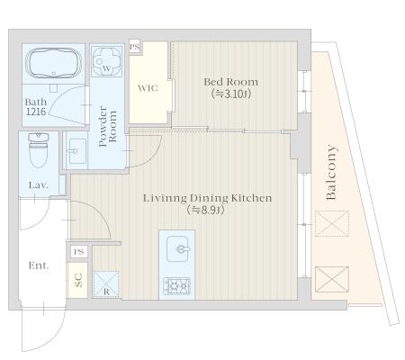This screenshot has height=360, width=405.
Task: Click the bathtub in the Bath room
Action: point(54,63)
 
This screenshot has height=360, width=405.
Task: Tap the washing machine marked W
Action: point(106,61)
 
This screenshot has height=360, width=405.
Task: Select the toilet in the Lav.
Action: point(38,150)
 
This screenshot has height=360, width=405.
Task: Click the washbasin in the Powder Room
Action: point(76,151)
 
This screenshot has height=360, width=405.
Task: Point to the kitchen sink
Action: point(177,248)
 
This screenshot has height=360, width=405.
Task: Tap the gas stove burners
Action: point(176,286)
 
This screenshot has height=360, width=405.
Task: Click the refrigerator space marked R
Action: point(106,284)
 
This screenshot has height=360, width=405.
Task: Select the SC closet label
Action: point(78,280)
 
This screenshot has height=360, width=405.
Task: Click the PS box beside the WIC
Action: point(135,47)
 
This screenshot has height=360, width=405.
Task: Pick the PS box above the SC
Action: point(79,252)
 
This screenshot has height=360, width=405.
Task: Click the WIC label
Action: point(148,88)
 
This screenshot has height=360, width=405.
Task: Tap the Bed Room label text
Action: point(230,82)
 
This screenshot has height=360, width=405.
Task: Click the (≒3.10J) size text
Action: point(230,94)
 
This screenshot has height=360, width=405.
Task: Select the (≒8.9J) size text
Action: point(206,210)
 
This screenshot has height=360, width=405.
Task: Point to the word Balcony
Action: point(331,173)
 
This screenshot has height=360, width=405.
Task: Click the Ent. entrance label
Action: point(39,265)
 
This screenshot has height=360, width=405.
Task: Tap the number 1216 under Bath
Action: point(36,112)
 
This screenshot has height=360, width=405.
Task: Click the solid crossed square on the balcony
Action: point(332,279)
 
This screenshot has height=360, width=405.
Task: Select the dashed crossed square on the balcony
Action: point(332,223)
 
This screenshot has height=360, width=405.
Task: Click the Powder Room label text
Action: point(108,126)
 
